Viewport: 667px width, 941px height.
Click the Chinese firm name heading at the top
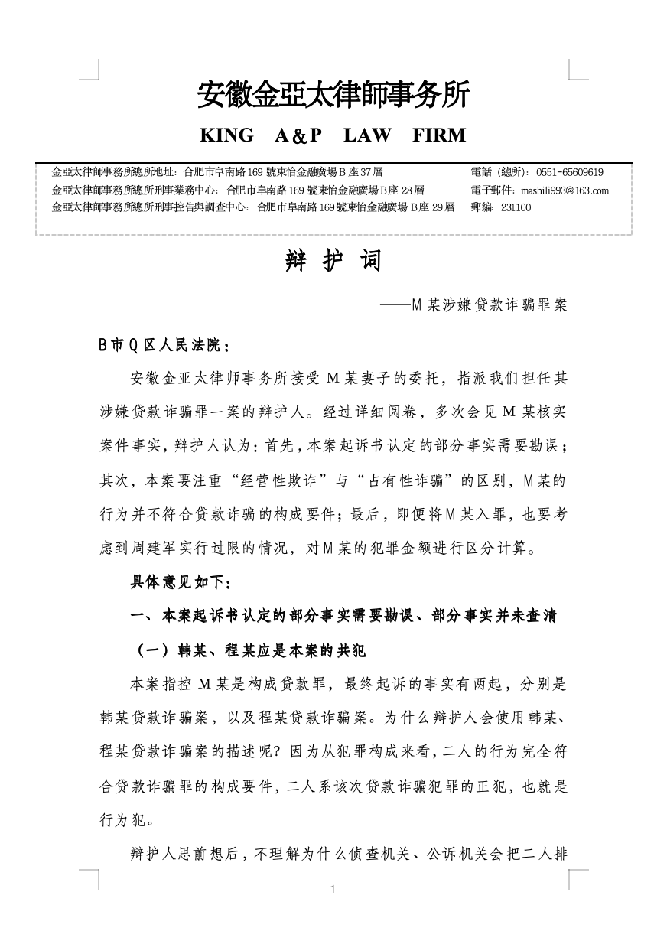point(333,95)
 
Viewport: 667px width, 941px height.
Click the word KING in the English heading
point(226,135)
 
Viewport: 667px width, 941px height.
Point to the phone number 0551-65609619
point(570,173)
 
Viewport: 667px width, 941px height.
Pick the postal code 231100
point(516,207)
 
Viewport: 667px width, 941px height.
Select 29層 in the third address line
point(443,207)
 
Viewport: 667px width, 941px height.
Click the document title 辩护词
point(333,262)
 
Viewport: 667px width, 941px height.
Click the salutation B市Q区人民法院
point(163,346)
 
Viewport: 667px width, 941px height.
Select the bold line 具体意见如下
point(180,583)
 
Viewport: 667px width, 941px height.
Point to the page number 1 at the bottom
point(333,889)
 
